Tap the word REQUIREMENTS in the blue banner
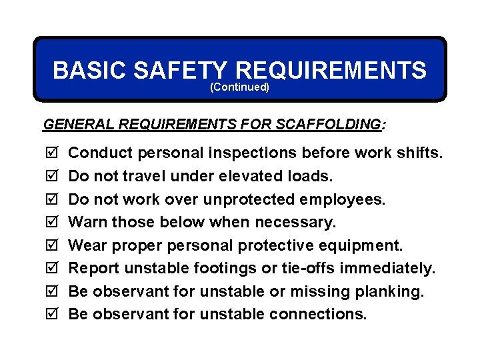pyautogui.click(x=331, y=70)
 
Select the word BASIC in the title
pyautogui.click(x=89, y=70)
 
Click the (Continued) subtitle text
pyautogui.click(x=239, y=87)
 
